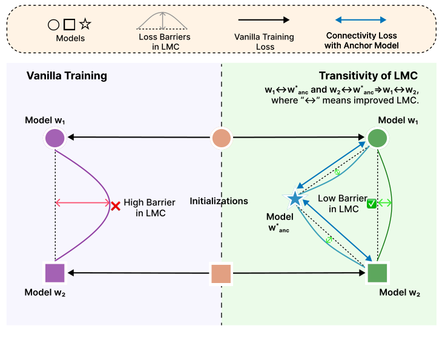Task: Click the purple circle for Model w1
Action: [x=55, y=138]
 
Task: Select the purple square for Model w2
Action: [x=55, y=273]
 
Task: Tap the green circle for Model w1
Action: [x=378, y=138]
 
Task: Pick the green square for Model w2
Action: [x=378, y=273]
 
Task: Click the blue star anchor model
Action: [x=295, y=199]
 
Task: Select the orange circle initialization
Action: [x=221, y=138]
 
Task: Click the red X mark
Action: [x=115, y=205]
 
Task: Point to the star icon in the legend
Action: [x=85, y=24]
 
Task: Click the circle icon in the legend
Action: [x=53, y=25]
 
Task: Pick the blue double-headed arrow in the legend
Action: [x=361, y=20]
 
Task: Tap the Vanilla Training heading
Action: [x=67, y=76]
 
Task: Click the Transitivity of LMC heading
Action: [x=368, y=76]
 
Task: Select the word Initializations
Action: [x=219, y=201]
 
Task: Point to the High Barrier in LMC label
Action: [x=145, y=208]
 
